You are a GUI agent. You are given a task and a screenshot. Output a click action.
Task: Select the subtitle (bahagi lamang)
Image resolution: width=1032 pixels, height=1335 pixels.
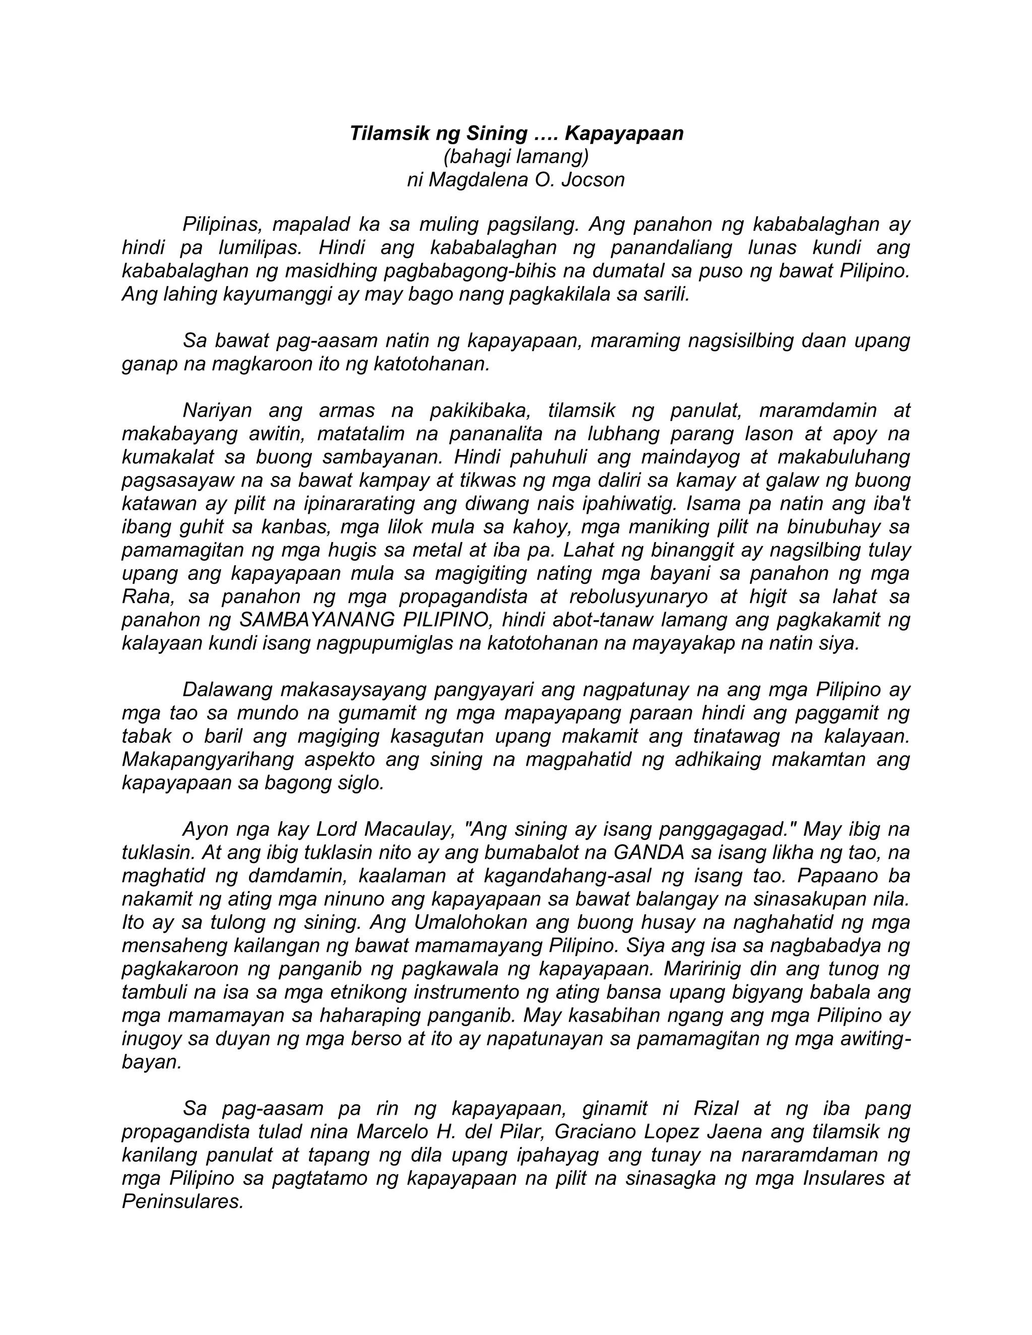[516, 157]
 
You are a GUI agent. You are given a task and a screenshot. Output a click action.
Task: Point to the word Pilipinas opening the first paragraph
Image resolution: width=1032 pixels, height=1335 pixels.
[223, 224]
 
